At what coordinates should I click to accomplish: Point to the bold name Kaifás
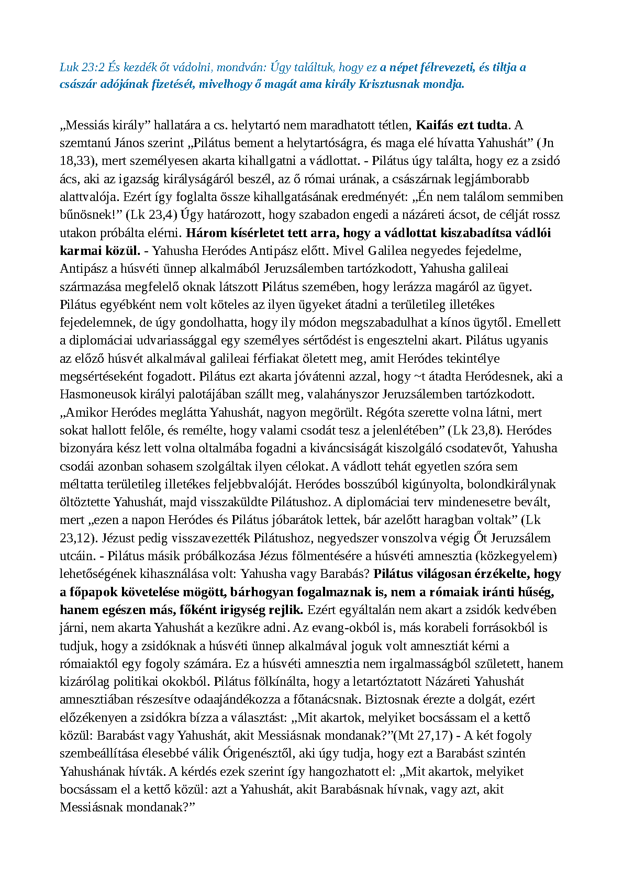click(435, 125)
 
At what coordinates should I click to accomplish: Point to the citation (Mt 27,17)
click(425, 735)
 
